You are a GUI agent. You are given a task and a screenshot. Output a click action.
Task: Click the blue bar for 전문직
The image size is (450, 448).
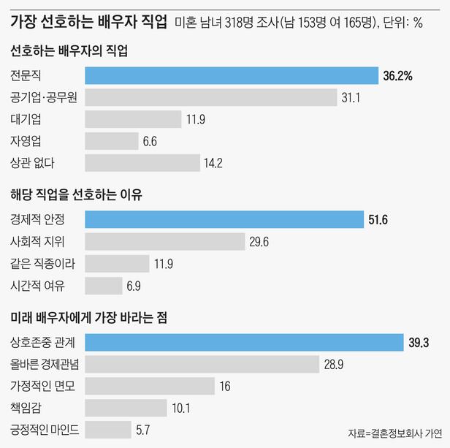(232, 75)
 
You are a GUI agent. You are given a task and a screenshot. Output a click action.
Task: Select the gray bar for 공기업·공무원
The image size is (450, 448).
(210, 97)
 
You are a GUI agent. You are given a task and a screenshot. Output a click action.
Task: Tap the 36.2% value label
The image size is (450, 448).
(397, 75)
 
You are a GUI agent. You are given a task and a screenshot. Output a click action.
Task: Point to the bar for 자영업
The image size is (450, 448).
(112, 141)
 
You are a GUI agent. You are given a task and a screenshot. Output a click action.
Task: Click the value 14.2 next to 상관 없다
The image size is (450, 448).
(213, 163)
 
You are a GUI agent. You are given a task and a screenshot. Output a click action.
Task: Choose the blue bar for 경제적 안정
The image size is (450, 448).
(224, 219)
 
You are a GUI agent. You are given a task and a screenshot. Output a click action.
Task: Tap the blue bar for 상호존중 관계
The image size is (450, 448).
(244, 341)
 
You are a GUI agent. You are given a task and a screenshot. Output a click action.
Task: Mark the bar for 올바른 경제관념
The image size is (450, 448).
(202, 363)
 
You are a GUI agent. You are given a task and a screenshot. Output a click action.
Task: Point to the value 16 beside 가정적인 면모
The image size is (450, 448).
(225, 385)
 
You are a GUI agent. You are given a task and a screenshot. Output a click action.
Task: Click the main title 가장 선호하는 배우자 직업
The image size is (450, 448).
(88, 20)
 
